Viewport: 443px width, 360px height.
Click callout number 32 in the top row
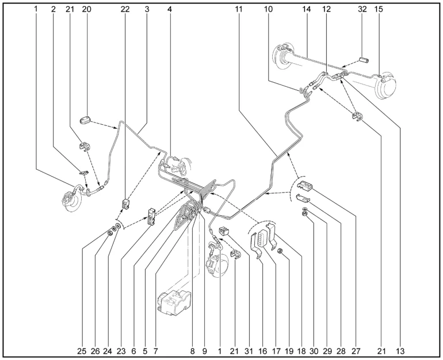(362, 9)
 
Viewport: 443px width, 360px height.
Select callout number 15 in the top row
(379, 9)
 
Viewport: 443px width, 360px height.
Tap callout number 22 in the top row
(125, 9)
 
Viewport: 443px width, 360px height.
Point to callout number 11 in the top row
(239, 9)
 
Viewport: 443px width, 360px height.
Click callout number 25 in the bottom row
(82, 351)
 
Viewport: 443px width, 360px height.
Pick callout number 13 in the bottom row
(400, 351)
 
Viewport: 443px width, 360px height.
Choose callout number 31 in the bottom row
(249, 351)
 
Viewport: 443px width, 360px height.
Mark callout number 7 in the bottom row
(155, 351)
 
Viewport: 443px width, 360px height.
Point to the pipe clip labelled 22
(126, 204)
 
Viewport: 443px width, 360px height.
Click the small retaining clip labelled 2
(83, 172)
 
